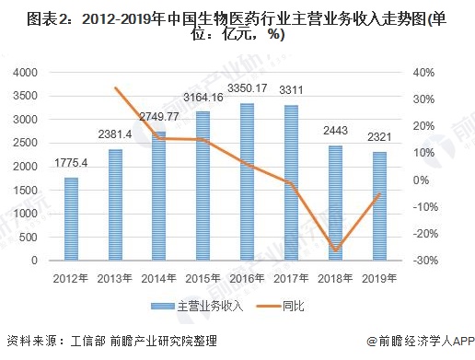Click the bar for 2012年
[71, 218]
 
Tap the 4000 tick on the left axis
[27, 73]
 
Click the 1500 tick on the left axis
[27, 191]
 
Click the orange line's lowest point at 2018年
[335, 250]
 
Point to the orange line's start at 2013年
[115, 87]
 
